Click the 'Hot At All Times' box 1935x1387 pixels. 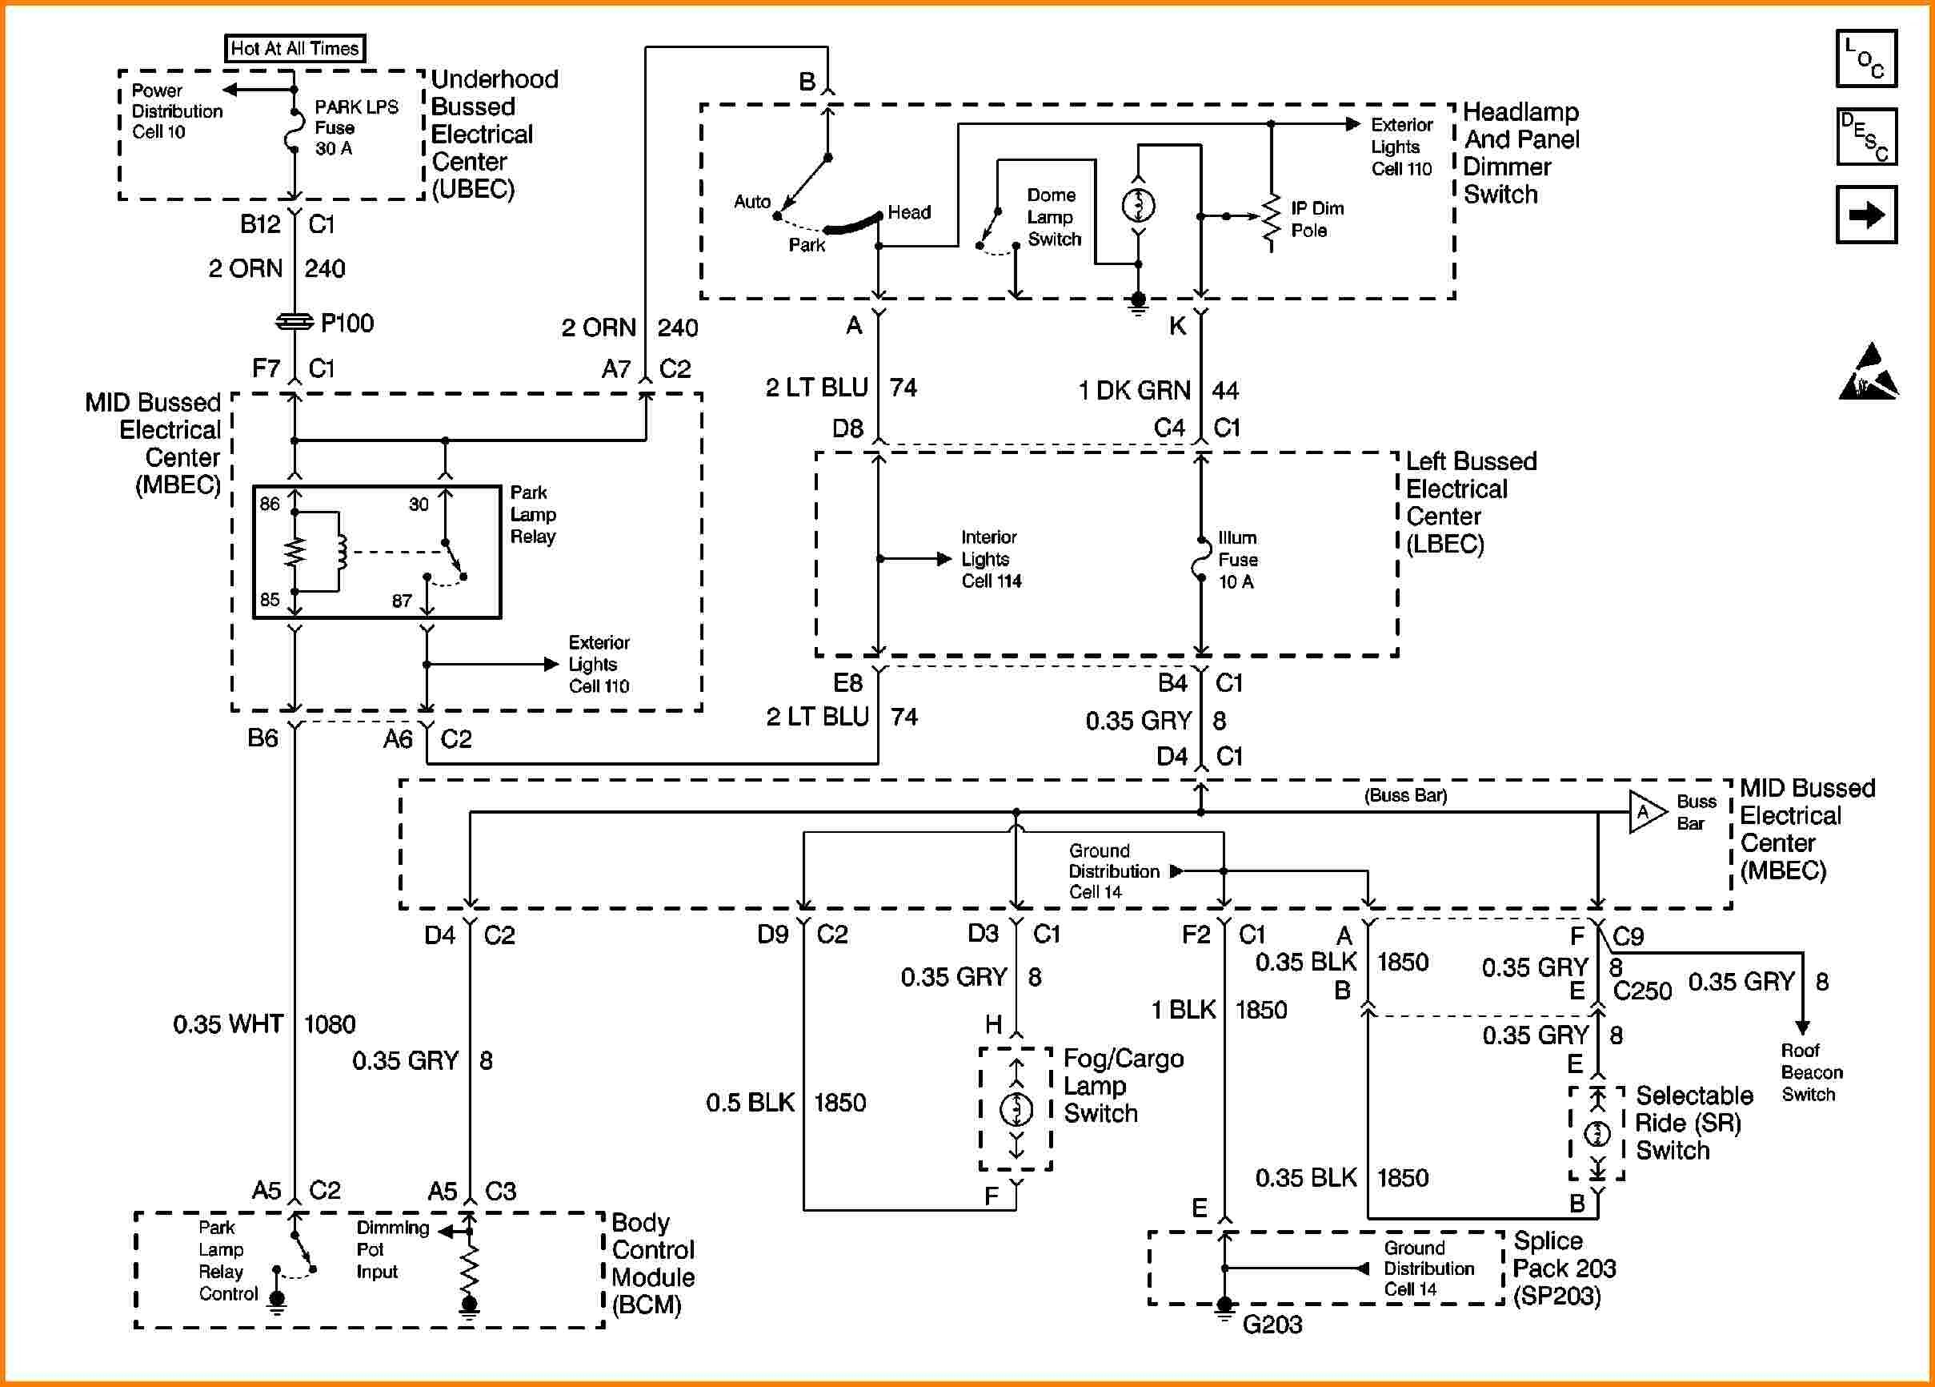click(x=294, y=49)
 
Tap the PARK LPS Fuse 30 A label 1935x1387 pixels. click(x=356, y=127)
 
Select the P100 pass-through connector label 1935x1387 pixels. click(x=347, y=324)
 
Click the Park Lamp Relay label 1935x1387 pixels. click(x=532, y=515)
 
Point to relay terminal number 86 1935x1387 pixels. click(x=270, y=505)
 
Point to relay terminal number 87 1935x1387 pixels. click(x=402, y=601)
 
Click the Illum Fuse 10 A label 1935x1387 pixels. click(x=1237, y=560)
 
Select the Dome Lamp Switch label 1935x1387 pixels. click(x=1053, y=218)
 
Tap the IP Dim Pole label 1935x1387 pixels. click(x=1316, y=219)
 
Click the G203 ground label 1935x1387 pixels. click(x=1272, y=1324)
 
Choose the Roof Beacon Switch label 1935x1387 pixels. click(x=1810, y=1072)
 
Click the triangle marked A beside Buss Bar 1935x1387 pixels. click(x=1644, y=812)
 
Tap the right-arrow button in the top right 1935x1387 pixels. click(x=1866, y=215)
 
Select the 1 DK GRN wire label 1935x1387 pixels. click(x=1134, y=391)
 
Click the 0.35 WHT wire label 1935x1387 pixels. click(x=228, y=1024)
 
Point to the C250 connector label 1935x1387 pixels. click(x=1641, y=991)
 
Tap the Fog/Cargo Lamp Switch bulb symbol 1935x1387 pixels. click(x=1016, y=1109)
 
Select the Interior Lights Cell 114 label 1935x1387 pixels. click(x=990, y=559)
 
